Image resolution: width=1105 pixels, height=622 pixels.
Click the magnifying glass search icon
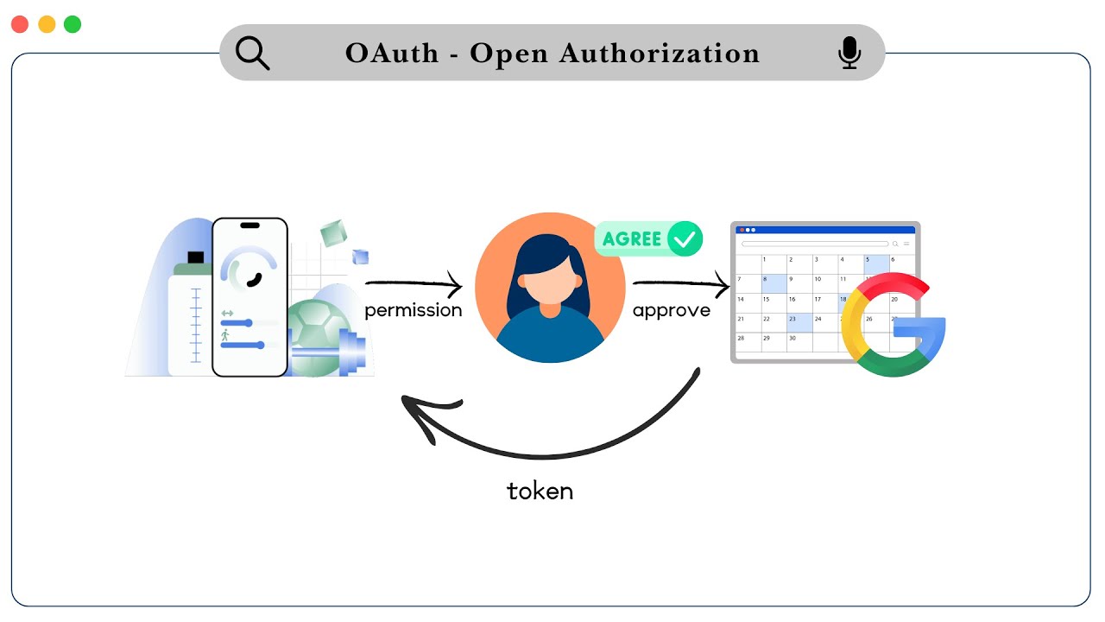(x=252, y=54)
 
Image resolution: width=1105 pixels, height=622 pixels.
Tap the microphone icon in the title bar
(x=849, y=54)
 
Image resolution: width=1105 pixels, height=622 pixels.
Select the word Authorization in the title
(x=660, y=54)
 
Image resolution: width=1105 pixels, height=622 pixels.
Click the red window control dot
(x=19, y=24)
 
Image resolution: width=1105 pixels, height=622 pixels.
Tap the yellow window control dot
(x=47, y=24)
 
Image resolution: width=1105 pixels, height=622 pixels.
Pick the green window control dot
(x=73, y=24)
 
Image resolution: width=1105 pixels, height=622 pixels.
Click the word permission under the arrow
(x=413, y=310)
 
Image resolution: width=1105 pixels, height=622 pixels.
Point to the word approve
(x=672, y=310)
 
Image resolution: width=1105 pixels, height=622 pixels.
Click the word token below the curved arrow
(x=540, y=492)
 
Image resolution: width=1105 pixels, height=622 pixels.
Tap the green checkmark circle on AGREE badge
(x=685, y=239)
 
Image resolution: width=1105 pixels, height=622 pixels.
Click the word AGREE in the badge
(x=632, y=239)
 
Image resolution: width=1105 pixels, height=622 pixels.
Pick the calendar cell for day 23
(x=799, y=322)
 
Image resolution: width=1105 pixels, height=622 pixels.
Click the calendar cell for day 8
(x=773, y=283)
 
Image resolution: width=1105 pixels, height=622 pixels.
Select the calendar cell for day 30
(x=799, y=342)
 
